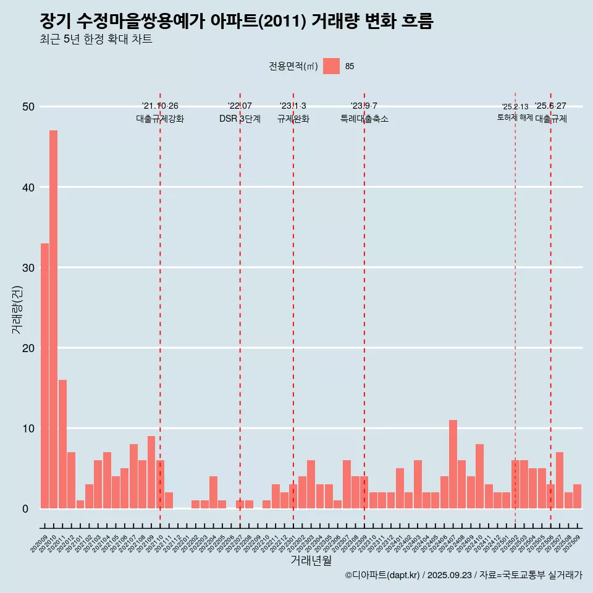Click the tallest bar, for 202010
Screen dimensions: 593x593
54,319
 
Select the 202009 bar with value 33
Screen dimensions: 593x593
44,376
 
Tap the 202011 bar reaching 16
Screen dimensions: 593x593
62,444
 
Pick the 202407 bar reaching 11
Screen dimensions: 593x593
453,464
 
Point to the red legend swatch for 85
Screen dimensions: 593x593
331,66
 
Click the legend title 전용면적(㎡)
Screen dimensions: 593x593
293,66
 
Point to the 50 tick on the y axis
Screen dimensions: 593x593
28,107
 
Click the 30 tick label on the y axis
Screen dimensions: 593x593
28,267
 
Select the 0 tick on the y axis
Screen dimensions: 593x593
25,508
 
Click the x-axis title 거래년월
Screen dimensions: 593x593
311,560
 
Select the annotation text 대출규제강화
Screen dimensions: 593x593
160,119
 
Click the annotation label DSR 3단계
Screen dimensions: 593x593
240,119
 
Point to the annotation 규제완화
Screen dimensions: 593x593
293,119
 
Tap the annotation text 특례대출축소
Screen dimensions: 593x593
364,119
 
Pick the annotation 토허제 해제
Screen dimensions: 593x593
515,117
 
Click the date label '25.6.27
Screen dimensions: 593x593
550,106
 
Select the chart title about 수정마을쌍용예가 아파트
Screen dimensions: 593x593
236,21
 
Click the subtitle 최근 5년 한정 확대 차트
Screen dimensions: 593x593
95,40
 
